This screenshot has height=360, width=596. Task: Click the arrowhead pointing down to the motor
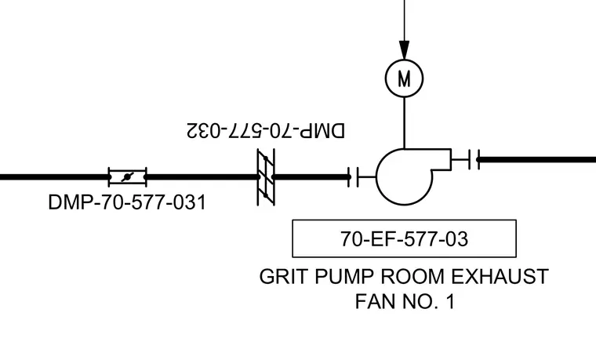[x=405, y=50]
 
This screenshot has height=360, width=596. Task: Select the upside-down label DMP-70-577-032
[x=266, y=130]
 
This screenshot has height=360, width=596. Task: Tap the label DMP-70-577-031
[x=127, y=202]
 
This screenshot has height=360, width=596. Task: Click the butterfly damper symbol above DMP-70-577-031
[x=127, y=177]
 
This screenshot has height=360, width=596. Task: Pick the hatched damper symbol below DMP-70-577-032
[x=266, y=177]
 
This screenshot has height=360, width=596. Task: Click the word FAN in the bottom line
[x=376, y=301]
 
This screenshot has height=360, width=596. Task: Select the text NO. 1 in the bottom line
[x=429, y=301]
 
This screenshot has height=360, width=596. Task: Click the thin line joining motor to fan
[x=405, y=123]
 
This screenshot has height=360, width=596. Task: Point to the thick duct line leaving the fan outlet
[x=536, y=160]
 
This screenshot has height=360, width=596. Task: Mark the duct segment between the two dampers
[x=202, y=177]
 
